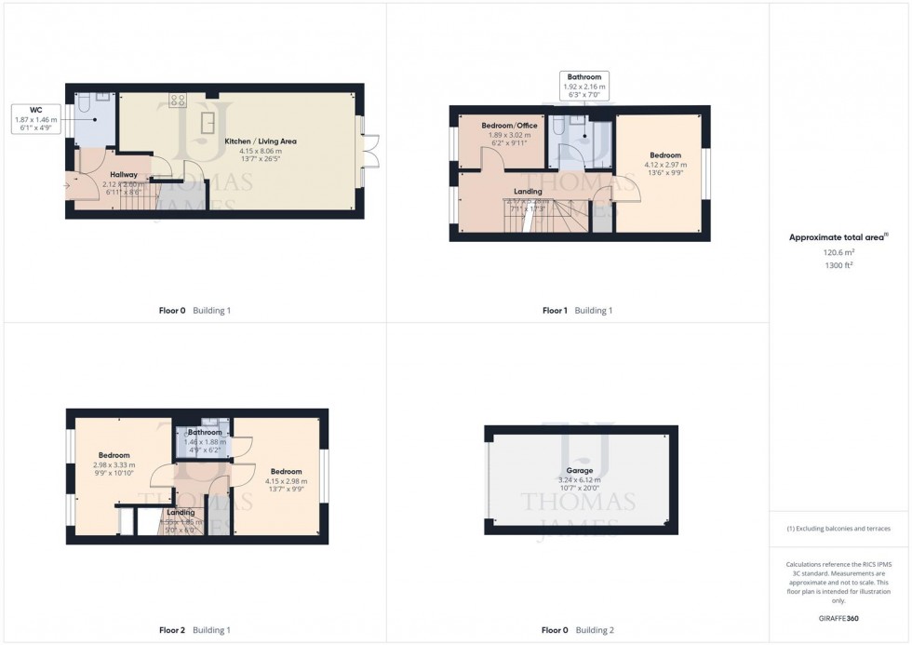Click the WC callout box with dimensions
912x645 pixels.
(x=35, y=119)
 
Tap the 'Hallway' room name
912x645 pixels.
(x=124, y=174)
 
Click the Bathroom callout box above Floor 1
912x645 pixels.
(x=584, y=86)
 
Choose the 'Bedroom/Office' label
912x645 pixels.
(x=508, y=125)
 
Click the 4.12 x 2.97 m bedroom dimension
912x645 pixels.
(x=664, y=165)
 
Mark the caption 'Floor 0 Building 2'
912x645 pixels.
(x=578, y=630)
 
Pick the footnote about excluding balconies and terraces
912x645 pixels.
(x=839, y=529)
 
